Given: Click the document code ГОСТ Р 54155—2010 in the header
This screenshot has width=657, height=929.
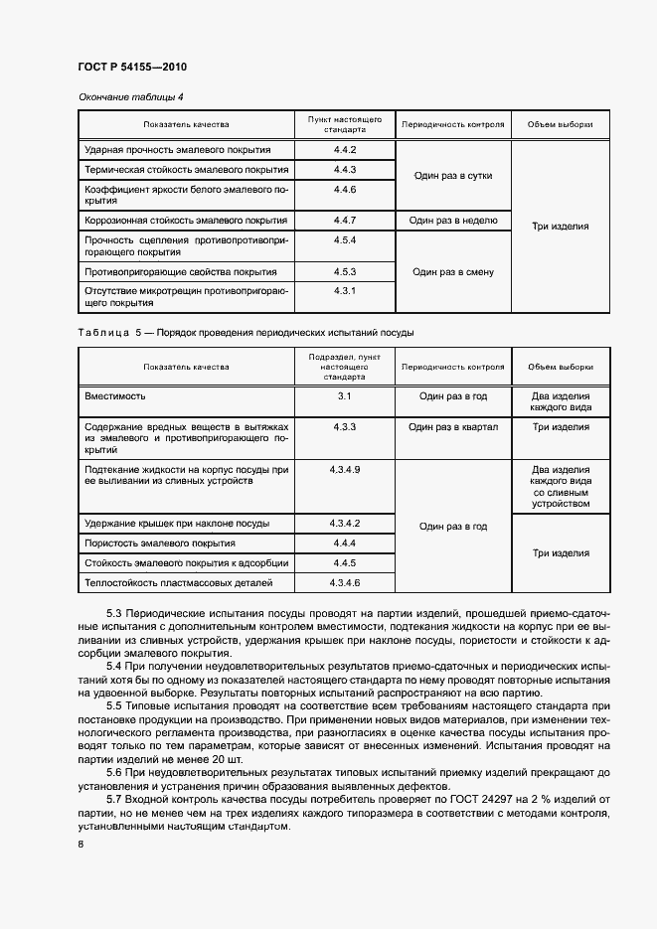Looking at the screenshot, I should tap(132, 67).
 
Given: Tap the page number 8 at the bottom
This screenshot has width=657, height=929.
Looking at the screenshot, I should tap(81, 844).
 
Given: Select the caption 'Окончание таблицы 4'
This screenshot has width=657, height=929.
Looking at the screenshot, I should tap(130, 96).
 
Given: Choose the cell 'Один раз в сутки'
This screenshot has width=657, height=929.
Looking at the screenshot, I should tap(452, 175).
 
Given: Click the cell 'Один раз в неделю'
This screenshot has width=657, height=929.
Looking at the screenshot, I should tap(452, 220).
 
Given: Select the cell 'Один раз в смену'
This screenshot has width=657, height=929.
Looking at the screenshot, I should tap(452, 271).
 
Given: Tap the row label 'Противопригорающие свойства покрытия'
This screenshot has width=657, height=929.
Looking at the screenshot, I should tap(181, 271).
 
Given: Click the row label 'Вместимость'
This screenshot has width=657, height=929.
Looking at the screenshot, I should tap(115, 395).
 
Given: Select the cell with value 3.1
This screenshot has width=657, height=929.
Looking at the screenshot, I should tap(345, 395).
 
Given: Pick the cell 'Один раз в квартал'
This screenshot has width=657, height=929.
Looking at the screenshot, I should tap(452, 426).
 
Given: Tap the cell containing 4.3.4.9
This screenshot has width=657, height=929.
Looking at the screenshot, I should tap(345, 468).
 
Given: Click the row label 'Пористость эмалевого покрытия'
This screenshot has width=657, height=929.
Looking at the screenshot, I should tap(159, 543).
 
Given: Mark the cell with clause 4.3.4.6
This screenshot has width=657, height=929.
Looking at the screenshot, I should tap(345, 582).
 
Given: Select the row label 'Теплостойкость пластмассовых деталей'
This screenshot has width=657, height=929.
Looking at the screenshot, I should tap(179, 582).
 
